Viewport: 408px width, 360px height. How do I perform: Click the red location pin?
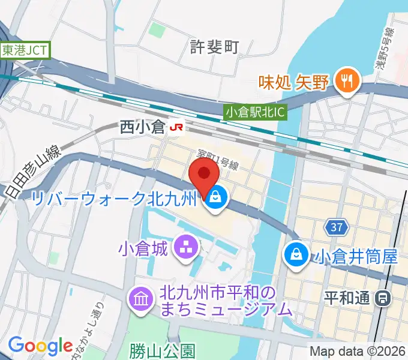pos(204,175)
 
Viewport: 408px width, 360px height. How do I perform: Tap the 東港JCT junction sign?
pos(25,50)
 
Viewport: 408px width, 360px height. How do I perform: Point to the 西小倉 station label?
pos(142,127)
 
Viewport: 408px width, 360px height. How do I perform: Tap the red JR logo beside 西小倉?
pos(176,127)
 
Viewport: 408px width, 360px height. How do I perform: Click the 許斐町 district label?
pos(214,46)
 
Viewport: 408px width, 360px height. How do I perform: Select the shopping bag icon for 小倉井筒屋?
pos(296,252)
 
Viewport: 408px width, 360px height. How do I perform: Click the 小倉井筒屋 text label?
pos(354,257)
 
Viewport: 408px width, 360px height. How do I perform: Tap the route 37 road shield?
pos(337,227)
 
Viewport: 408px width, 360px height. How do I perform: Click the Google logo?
pos(40,345)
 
